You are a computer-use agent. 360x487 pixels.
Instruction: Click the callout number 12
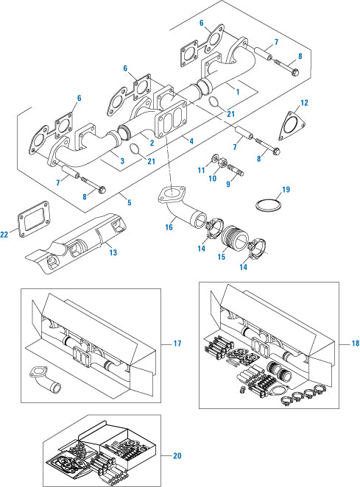[304, 103]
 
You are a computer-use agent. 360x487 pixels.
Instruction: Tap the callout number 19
[286, 190]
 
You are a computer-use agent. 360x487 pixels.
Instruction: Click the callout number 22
[4, 234]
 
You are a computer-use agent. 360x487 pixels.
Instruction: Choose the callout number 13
[113, 252]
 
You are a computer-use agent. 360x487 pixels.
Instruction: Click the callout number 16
[169, 227]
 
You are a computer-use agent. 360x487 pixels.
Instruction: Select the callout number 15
[222, 257]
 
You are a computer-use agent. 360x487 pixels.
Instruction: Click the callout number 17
[177, 344]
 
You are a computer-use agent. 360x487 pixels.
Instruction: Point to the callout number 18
[356, 344]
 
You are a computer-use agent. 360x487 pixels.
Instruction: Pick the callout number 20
[177, 455]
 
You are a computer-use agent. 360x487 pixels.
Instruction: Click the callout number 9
[228, 184]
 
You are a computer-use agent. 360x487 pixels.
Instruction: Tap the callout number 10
[213, 178]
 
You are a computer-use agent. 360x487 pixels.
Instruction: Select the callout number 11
[202, 170]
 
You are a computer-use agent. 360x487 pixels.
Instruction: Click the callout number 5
[130, 202]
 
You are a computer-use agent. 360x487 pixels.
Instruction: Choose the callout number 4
[191, 141]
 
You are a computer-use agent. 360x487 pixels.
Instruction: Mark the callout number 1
[238, 92]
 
